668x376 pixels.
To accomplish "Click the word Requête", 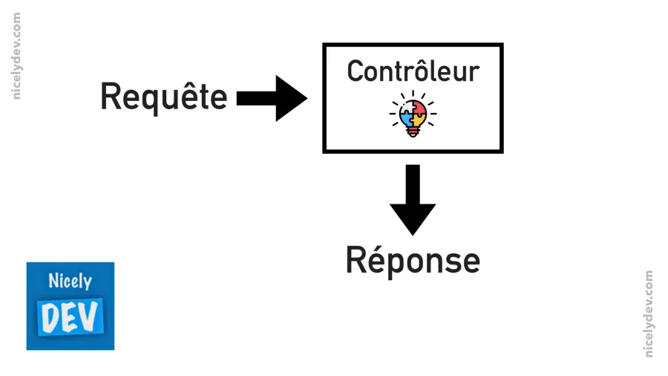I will click(x=163, y=97).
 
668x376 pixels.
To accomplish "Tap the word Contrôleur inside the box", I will click(x=413, y=71).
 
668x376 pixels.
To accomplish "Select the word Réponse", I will click(x=413, y=261).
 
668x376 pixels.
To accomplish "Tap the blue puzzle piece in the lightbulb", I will click(x=405, y=115).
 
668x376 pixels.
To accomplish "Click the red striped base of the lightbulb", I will click(x=413, y=132).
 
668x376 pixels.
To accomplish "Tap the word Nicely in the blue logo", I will click(x=70, y=282).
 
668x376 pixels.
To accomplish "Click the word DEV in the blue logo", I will click(x=70, y=316).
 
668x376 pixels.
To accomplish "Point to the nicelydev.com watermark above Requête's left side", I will click(x=17, y=56).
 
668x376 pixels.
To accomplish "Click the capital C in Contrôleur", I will click(x=356, y=71).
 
